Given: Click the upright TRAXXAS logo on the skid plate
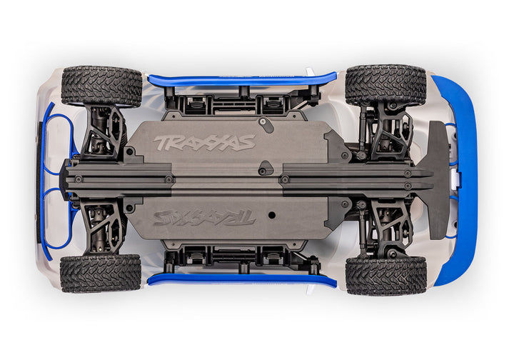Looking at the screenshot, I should (204, 143).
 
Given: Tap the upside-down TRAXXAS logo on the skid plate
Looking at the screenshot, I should (204, 217).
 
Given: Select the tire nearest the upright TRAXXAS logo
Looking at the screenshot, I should (101, 86).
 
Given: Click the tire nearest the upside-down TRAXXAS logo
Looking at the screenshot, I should (101, 273).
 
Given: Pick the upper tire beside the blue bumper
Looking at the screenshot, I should (385, 86).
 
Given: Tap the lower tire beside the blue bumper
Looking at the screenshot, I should (385, 274).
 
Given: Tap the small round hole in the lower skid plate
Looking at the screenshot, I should (271, 214).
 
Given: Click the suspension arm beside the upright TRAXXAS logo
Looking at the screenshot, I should (104, 132).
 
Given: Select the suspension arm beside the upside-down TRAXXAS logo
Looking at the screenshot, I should (104, 227).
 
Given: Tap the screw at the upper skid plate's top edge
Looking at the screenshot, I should (263, 122).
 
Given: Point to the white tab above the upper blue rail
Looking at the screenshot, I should (310, 71).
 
